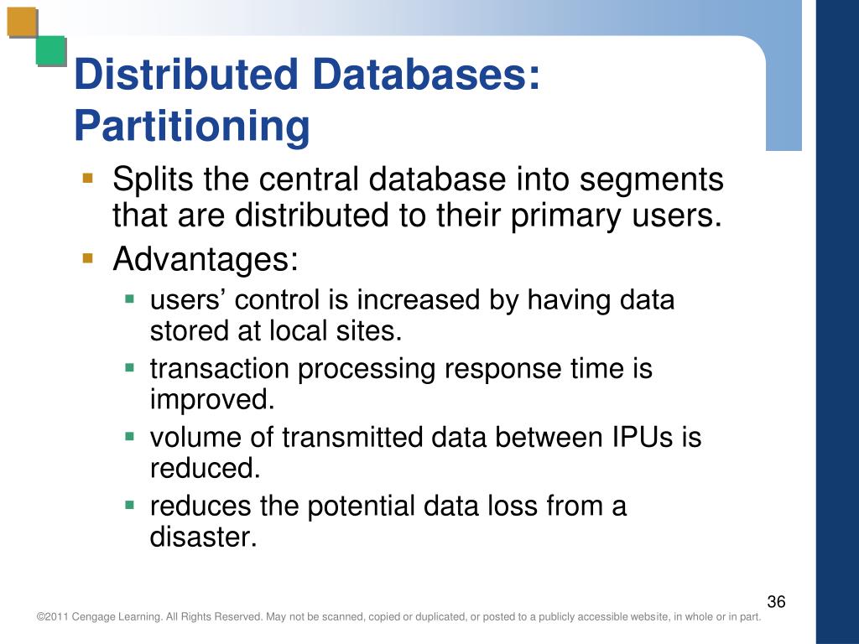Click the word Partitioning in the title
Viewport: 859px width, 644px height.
tap(191, 127)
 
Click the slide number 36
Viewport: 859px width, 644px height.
tap(776, 603)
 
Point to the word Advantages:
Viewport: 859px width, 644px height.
tap(206, 259)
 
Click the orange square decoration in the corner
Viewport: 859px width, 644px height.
tap(23, 23)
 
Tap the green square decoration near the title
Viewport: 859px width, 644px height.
tap(51, 51)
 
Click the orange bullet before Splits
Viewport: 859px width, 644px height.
tap(87, 178)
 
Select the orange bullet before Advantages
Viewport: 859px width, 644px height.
tap(87, 257)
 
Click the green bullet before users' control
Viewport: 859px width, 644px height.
tap(130, 299)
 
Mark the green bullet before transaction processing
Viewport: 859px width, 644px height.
tap(130, 367)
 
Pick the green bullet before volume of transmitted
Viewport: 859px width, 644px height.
tap(130, 436)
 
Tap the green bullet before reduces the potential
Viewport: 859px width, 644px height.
tap(130, 505)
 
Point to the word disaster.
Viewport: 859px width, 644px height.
tap(202, 538)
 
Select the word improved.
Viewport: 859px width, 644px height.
tap(212, 401)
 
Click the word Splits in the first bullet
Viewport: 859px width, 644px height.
tap(153, 180)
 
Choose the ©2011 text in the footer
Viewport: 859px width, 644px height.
tap(52, 617)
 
